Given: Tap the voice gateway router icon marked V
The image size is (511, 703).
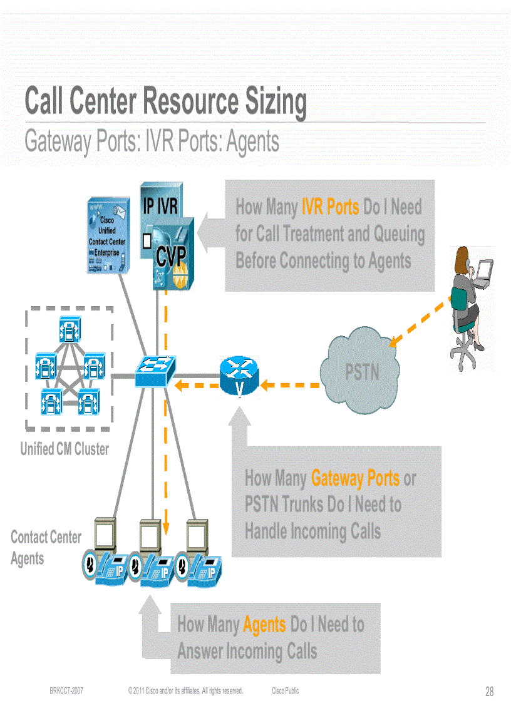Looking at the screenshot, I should coord(239,376).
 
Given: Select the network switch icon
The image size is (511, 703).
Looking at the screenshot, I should coord(155,371).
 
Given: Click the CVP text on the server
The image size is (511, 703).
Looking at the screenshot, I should coord(171,256).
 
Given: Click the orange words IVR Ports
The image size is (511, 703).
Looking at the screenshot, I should coord(330,207).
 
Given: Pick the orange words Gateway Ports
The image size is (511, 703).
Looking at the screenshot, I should coord(355,479).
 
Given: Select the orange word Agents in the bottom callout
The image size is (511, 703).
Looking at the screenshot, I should coord(264,625).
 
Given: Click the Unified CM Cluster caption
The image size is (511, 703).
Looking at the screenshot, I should coord(65,449).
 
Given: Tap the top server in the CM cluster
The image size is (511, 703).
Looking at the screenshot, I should coord(69,326).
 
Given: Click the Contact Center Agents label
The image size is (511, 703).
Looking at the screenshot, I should coord(45,547).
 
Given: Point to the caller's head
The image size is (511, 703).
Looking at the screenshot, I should coord(462,257).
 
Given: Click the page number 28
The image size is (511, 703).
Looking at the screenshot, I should coord(489,692).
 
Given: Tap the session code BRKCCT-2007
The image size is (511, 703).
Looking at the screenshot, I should coord(67,691).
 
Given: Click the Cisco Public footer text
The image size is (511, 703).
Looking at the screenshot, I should coord(285,691).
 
